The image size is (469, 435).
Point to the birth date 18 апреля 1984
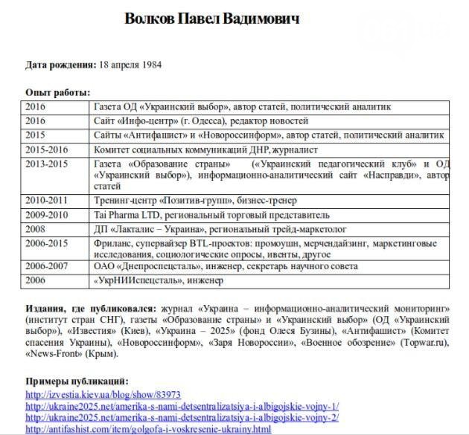point(131,65)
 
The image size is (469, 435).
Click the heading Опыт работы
point(57,93)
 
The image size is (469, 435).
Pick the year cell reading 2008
point(36,229)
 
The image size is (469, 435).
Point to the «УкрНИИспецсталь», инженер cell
point(159,280)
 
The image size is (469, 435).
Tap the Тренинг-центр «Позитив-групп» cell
point(195,201)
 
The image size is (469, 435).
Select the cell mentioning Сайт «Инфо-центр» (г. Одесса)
point(201,121)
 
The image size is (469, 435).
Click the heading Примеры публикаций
point(77,381)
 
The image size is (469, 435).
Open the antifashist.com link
point(148,429)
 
